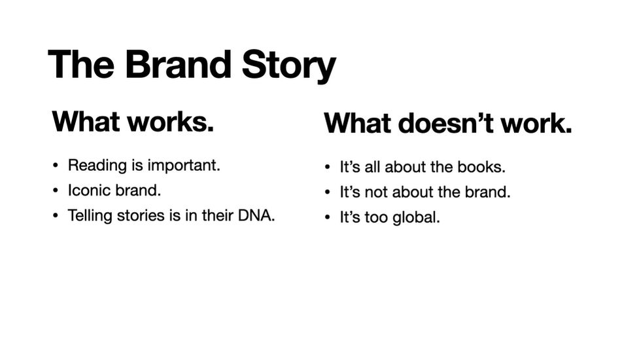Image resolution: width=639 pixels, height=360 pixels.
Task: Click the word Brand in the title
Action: pyautogui.click(x=178, y=64)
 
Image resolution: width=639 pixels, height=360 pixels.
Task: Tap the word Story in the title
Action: pyautogui.click(x=289, y=66)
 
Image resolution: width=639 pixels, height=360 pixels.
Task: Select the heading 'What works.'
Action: pyautogui.click(x=133, y=122)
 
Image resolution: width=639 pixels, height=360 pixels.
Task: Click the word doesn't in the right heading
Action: pyautogui.click(x=445, y=122)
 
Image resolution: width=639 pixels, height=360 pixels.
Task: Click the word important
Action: pyautogui.click(x=184, y=166)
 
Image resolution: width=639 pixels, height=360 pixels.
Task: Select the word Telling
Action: pyautogui.click(x=90, y=216)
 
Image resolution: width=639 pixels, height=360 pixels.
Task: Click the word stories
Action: pyautogui.click(x=141, y=215)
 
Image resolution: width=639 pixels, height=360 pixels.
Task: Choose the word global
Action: pyautogui.click(x=416, y=217)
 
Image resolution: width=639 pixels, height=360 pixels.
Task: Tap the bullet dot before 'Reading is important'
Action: pyautogui.click(x=56, y=166)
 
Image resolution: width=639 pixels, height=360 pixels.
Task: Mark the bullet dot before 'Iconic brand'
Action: pyautogui.click(x=56, y=191)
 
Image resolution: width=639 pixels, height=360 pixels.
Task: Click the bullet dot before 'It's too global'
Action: pyautogui.click(x=327, y=217)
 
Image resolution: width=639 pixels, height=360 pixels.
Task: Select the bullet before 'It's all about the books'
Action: pyautogui.click(x=327, y=167)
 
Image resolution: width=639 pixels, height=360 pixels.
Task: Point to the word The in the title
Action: pyautogui.click(x=81, y=64)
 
